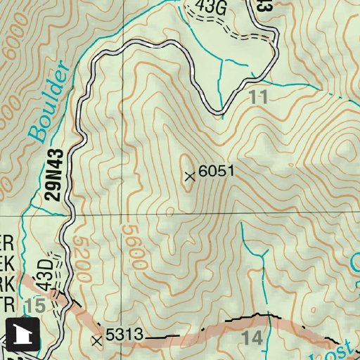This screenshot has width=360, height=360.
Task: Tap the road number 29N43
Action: (x=57, y=174)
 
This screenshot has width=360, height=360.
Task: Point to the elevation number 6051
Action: (x=215, y=171)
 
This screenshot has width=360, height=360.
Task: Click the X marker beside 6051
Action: (x=188, y=176)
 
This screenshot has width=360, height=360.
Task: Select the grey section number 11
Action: (x=259, y=98)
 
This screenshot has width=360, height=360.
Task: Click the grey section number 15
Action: (x=34, y=305)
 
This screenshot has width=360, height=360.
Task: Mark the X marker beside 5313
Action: (x=97, y=341)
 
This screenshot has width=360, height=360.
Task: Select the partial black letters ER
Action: (x=6, y=241)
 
